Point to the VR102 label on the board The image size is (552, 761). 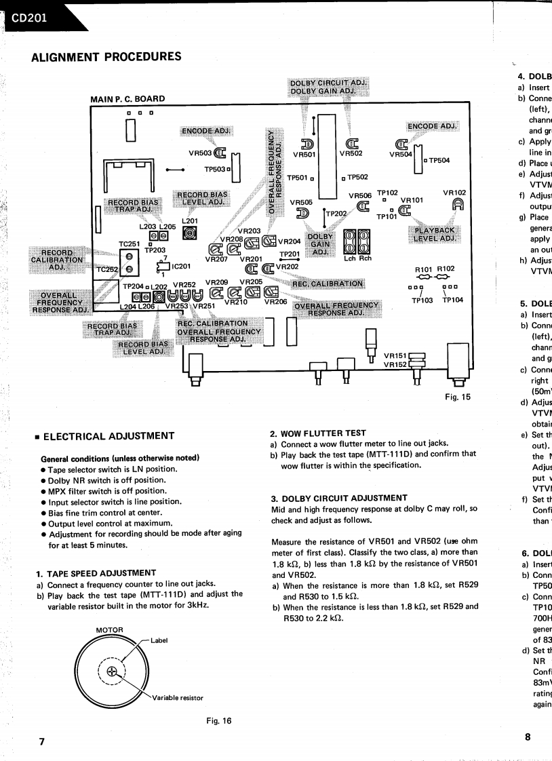point(455,193)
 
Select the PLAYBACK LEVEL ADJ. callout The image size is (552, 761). point(434,235)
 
